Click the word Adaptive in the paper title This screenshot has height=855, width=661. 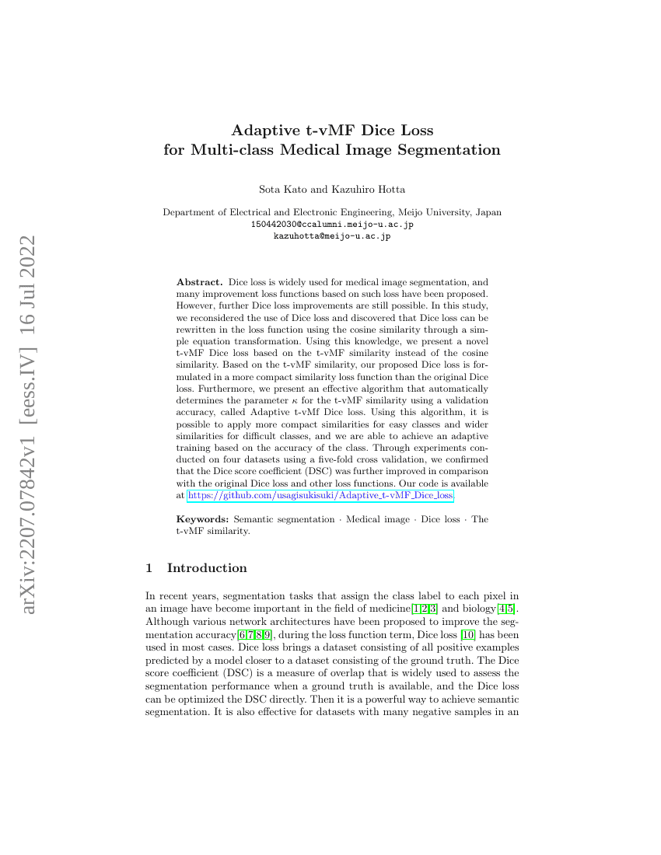tap(264, 130)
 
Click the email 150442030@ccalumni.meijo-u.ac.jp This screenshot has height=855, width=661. tap(332, 224)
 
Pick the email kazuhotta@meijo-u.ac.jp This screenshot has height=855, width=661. tap(332, 236)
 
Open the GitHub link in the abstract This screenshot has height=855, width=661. tap(320, 494)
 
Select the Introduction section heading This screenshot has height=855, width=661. tap(207, 568)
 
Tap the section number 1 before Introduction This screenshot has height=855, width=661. tap(149, 568)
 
